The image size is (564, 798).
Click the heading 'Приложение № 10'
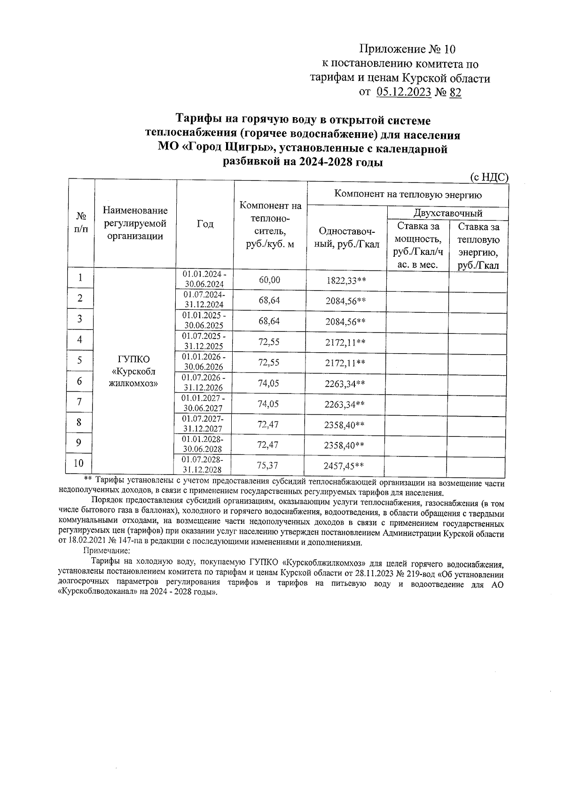(407, 49)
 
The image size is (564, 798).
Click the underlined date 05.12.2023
(404, 93)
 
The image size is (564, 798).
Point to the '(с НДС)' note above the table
(489, 177)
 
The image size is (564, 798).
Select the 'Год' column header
(205, 224)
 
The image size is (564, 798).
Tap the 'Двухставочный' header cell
(447, 213)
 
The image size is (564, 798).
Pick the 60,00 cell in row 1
(269, 280)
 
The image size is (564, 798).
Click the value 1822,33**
(346, 281)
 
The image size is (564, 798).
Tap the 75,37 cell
(268, 466)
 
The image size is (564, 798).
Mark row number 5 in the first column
(80, 360)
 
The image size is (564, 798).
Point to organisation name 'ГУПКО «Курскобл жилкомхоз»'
(133, 371)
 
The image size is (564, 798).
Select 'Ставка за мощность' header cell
(417, 245)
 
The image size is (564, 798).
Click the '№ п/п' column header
(82, 222)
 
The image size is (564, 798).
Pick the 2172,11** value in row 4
(345, 342)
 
